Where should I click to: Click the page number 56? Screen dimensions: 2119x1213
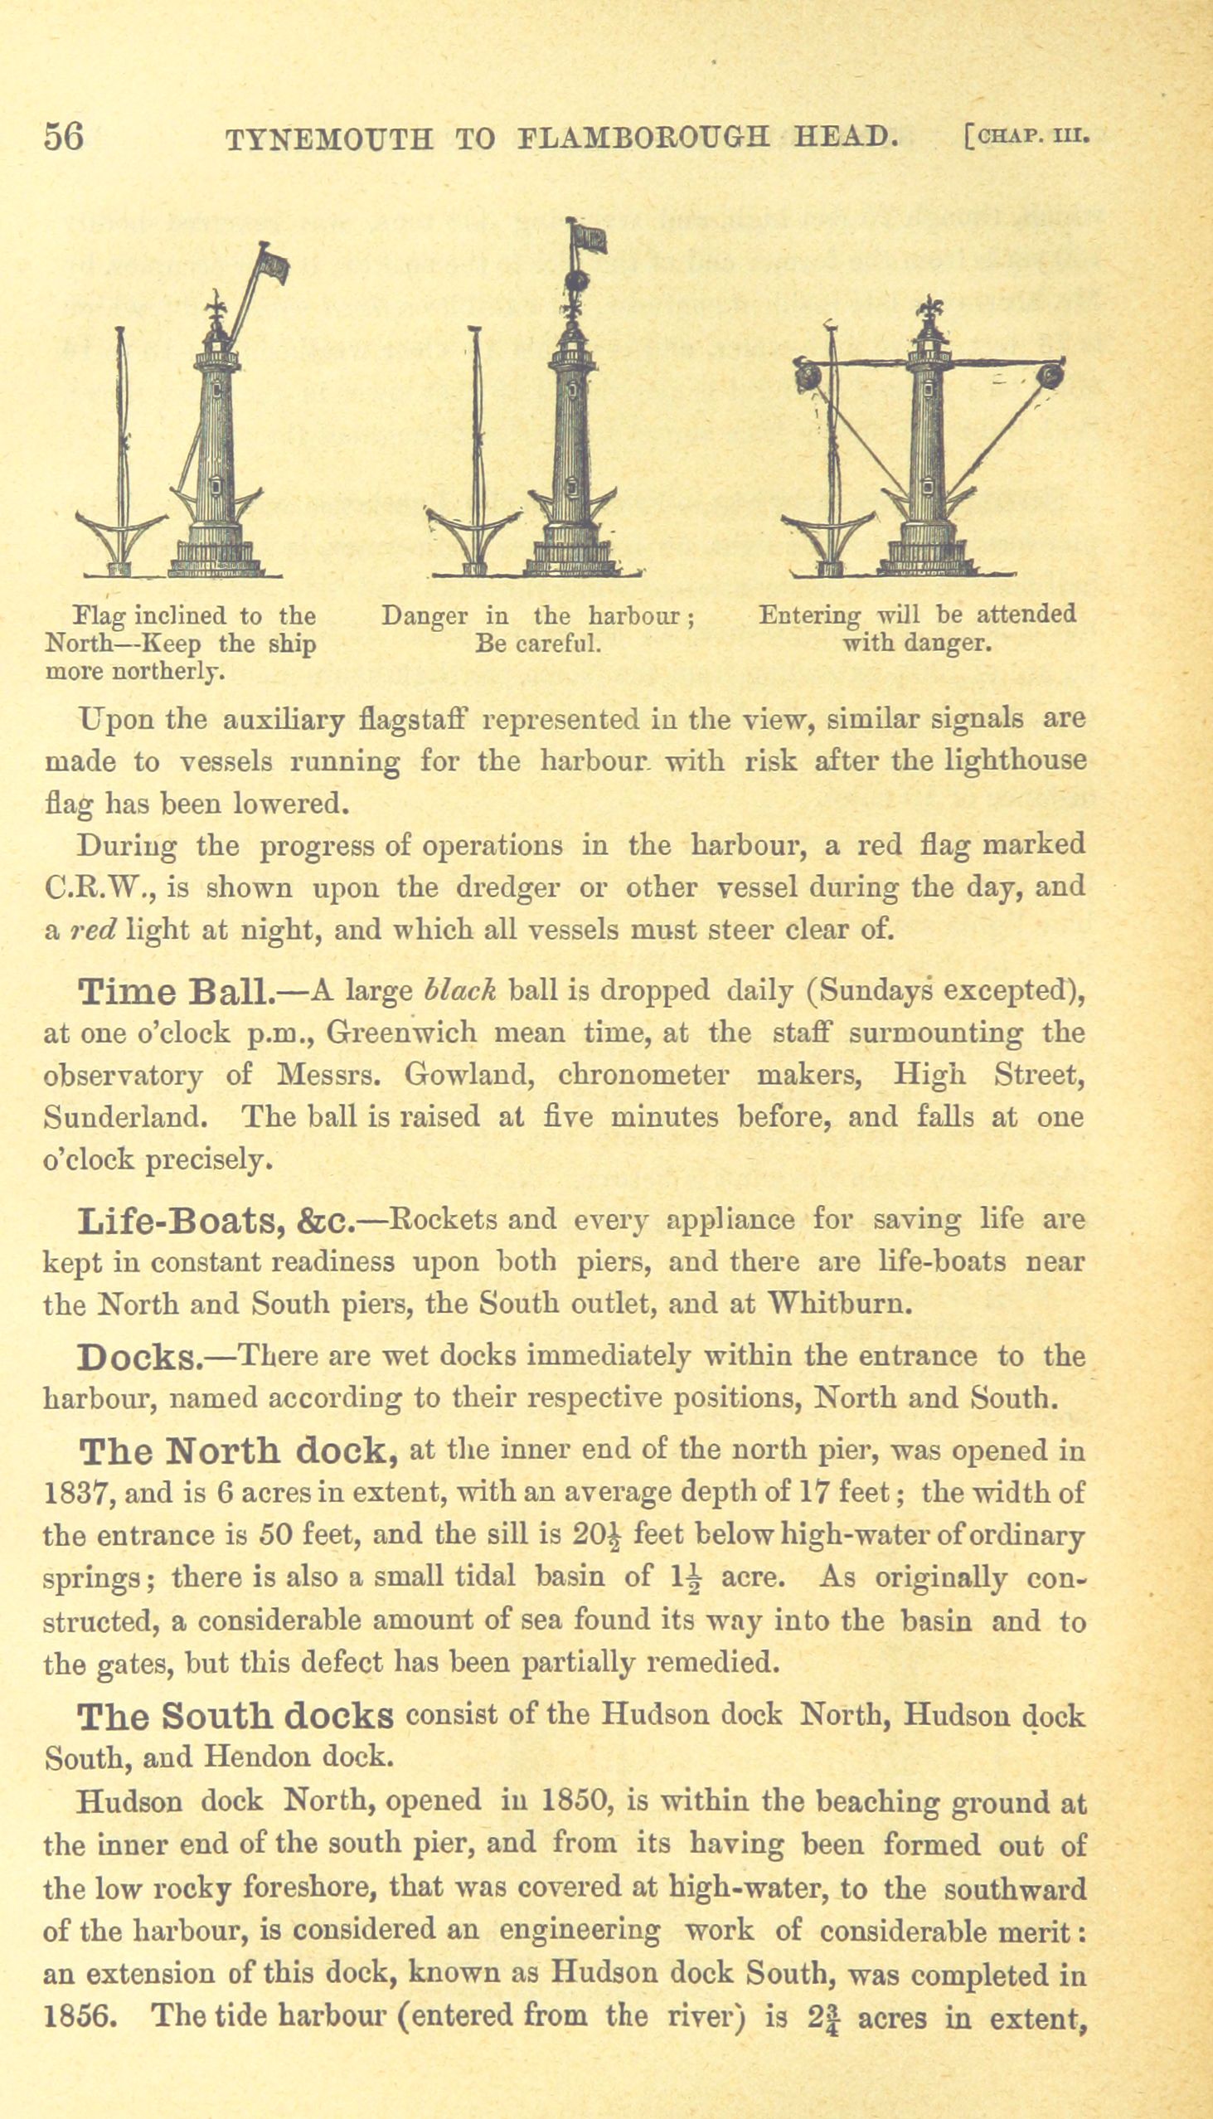pos(64,136)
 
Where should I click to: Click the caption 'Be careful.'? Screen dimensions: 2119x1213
pos(537,644)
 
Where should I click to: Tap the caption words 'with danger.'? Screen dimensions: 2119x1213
pos(916,644)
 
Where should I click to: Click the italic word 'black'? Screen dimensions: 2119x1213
pos(461,990)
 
